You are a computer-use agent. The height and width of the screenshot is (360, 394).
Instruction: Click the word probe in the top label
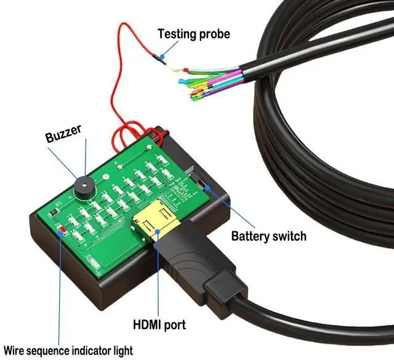click(x=215, y=34)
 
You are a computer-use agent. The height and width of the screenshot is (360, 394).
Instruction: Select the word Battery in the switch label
click(x=251, y=236)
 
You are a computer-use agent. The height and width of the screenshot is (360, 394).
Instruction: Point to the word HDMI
click(x=148, y=324)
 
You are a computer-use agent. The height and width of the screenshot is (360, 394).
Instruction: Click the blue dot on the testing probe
click(x=161, y=58)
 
